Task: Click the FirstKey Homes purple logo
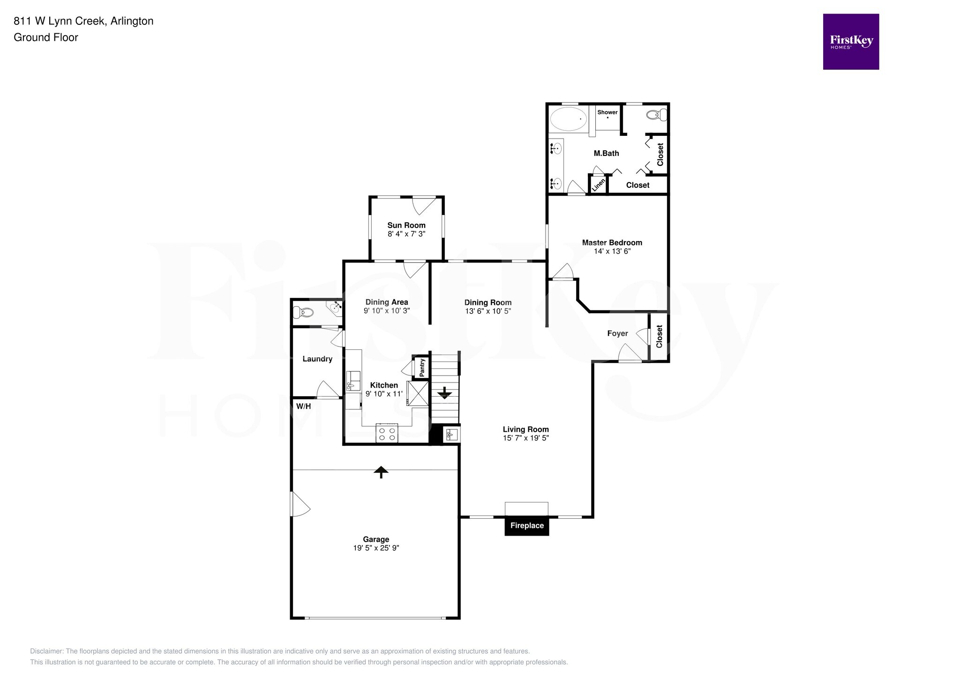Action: [850, 42]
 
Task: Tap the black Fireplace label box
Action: [526, 526]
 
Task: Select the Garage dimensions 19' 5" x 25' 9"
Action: [376, 548]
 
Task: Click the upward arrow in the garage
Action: [381, 472]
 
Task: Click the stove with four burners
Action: [387, 434]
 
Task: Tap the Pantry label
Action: [422, 368]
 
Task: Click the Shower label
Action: [607, 112]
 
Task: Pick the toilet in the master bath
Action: [656, 115]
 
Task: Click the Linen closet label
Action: [598, 184]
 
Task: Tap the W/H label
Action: [303, 406]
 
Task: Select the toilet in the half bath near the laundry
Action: [303, 311]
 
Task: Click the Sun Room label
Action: [406, 225]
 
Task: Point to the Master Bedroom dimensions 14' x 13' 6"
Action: [612, 251]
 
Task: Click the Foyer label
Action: [617, 333]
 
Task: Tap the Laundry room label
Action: [317, 359]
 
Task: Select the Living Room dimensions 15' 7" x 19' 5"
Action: [525, 438]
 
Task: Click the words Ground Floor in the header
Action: [46, 37]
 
